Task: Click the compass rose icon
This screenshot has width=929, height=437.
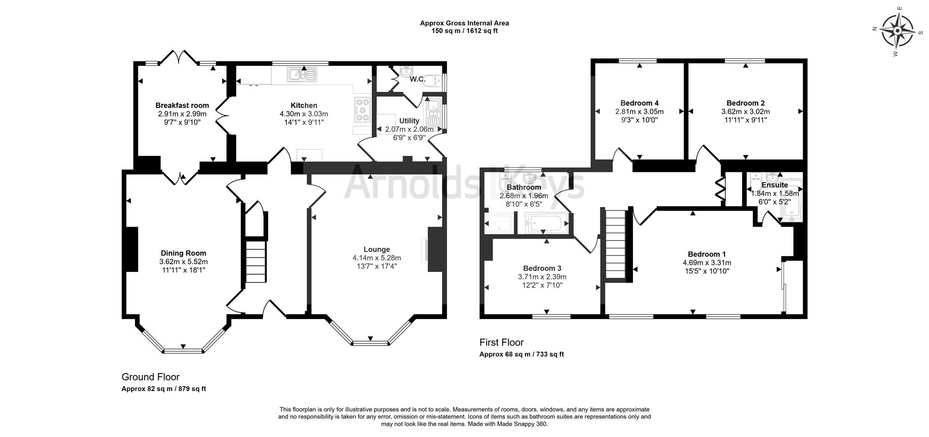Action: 897,31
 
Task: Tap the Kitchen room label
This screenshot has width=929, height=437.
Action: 304,105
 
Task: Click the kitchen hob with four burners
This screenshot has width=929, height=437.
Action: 362,110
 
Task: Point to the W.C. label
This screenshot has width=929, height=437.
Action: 418,79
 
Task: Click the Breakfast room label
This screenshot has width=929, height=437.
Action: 182,105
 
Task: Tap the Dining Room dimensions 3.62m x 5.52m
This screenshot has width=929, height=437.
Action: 183,262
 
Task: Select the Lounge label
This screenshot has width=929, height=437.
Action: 377,250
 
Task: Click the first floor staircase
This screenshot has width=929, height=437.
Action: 616,244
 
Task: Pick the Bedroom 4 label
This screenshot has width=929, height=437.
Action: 640,103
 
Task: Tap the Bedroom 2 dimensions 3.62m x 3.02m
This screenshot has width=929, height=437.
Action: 746,111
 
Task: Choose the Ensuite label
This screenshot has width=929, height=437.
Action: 775,185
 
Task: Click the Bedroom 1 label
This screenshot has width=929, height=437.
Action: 707,254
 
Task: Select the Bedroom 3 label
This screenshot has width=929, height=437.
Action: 542,268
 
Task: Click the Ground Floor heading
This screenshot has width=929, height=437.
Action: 150,377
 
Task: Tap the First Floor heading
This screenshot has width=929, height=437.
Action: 502,343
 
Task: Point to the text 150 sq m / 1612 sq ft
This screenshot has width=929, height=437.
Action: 464,31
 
